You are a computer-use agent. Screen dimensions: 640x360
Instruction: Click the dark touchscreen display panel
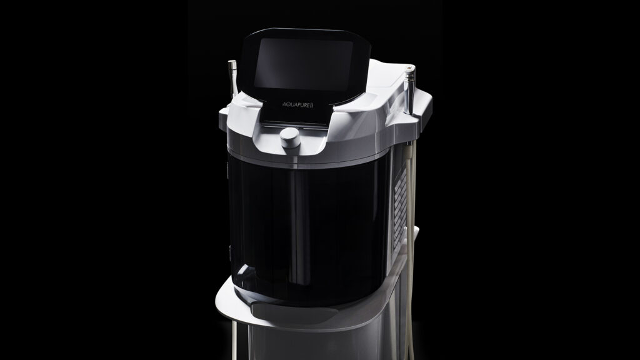[x=303, y=64]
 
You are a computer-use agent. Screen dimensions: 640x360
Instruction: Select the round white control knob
[x=290, y=138]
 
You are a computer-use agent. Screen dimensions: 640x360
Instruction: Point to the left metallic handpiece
[x=232, y=77]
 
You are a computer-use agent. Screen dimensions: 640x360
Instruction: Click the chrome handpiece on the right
[x=409, y=90]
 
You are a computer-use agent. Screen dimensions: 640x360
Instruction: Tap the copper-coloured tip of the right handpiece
[x=409, y=66]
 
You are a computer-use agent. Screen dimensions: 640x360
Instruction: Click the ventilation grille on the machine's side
[x=401, y=208]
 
